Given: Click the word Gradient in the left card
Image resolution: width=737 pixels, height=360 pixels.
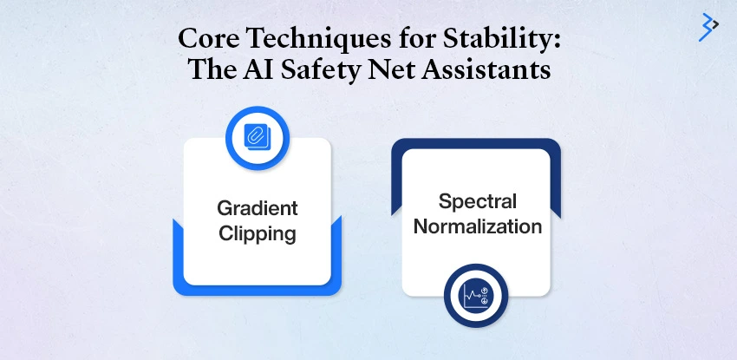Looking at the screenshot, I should coord(257,208).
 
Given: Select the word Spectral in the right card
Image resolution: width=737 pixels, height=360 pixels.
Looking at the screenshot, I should coord(477,201).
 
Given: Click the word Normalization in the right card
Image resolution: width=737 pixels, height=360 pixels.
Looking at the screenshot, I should coord(477,226).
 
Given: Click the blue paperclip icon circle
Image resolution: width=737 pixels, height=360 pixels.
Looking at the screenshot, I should coord(257,135).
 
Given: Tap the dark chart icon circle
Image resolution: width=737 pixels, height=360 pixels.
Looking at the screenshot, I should coord(476,296).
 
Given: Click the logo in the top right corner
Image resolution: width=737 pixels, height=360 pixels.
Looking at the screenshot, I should coord(708,27).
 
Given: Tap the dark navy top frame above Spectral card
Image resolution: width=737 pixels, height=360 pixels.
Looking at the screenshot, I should coord(476,143).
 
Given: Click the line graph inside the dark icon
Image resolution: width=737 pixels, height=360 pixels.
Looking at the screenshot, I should coord(471,298).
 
